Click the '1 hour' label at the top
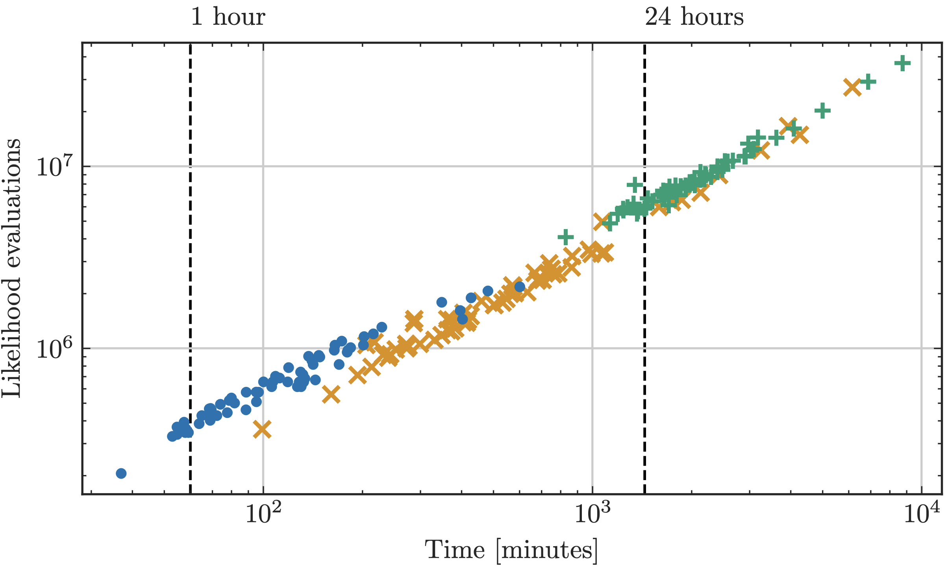click(x=228, y=17)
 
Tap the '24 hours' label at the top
click(x=694, y=17)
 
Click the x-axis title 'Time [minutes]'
click(x=511, y=550)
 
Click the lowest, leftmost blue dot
click(x=121, y=473)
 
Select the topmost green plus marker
click(x=903, y=63)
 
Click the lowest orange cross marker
click(x=262, y=429)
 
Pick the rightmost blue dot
click(x=520, y=287)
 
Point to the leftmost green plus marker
click(x=566, y=237)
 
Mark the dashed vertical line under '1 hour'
click(x=190, y=275)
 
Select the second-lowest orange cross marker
click(x=331, y=394)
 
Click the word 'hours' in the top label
click(x=712, y=17)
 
